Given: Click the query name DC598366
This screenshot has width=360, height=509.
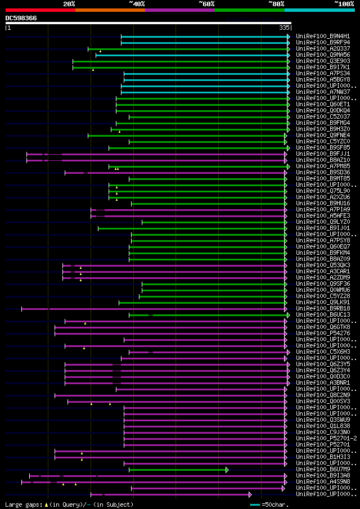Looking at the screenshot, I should pos(21,18).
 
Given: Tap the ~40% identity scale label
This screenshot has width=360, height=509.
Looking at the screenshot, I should pos(137,3).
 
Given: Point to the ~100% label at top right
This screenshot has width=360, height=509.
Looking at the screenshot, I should pos(344,3).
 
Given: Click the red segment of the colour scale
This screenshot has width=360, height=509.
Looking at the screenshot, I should pos(40,10).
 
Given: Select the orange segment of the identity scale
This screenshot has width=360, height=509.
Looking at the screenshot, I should pos(110,10).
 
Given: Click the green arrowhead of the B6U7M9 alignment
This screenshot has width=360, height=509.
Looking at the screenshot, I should pos(227,470).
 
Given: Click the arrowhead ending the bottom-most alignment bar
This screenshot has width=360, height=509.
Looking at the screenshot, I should pos(250,494).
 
